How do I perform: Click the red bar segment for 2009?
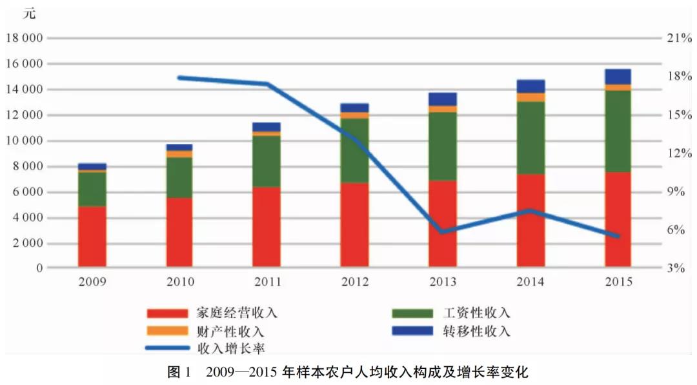click(92, 236)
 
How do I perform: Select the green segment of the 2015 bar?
click(618, 131)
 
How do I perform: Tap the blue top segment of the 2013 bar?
click(443, 99)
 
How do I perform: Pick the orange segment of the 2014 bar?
click(530, 97)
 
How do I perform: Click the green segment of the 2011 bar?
click(267, 161)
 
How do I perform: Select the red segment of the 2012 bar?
click(355, 224)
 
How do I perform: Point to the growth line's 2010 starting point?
click(180, 77)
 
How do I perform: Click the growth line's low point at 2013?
click(443, 232)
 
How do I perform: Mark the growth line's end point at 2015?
click(618, 237)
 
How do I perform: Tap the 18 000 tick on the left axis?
click(24, 38)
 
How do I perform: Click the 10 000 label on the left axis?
click(24, 141)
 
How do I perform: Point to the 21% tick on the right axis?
click(679, 38)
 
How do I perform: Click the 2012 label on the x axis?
click(355, 282)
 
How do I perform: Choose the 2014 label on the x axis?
click(530, 282)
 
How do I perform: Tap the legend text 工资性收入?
click(477, 313)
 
